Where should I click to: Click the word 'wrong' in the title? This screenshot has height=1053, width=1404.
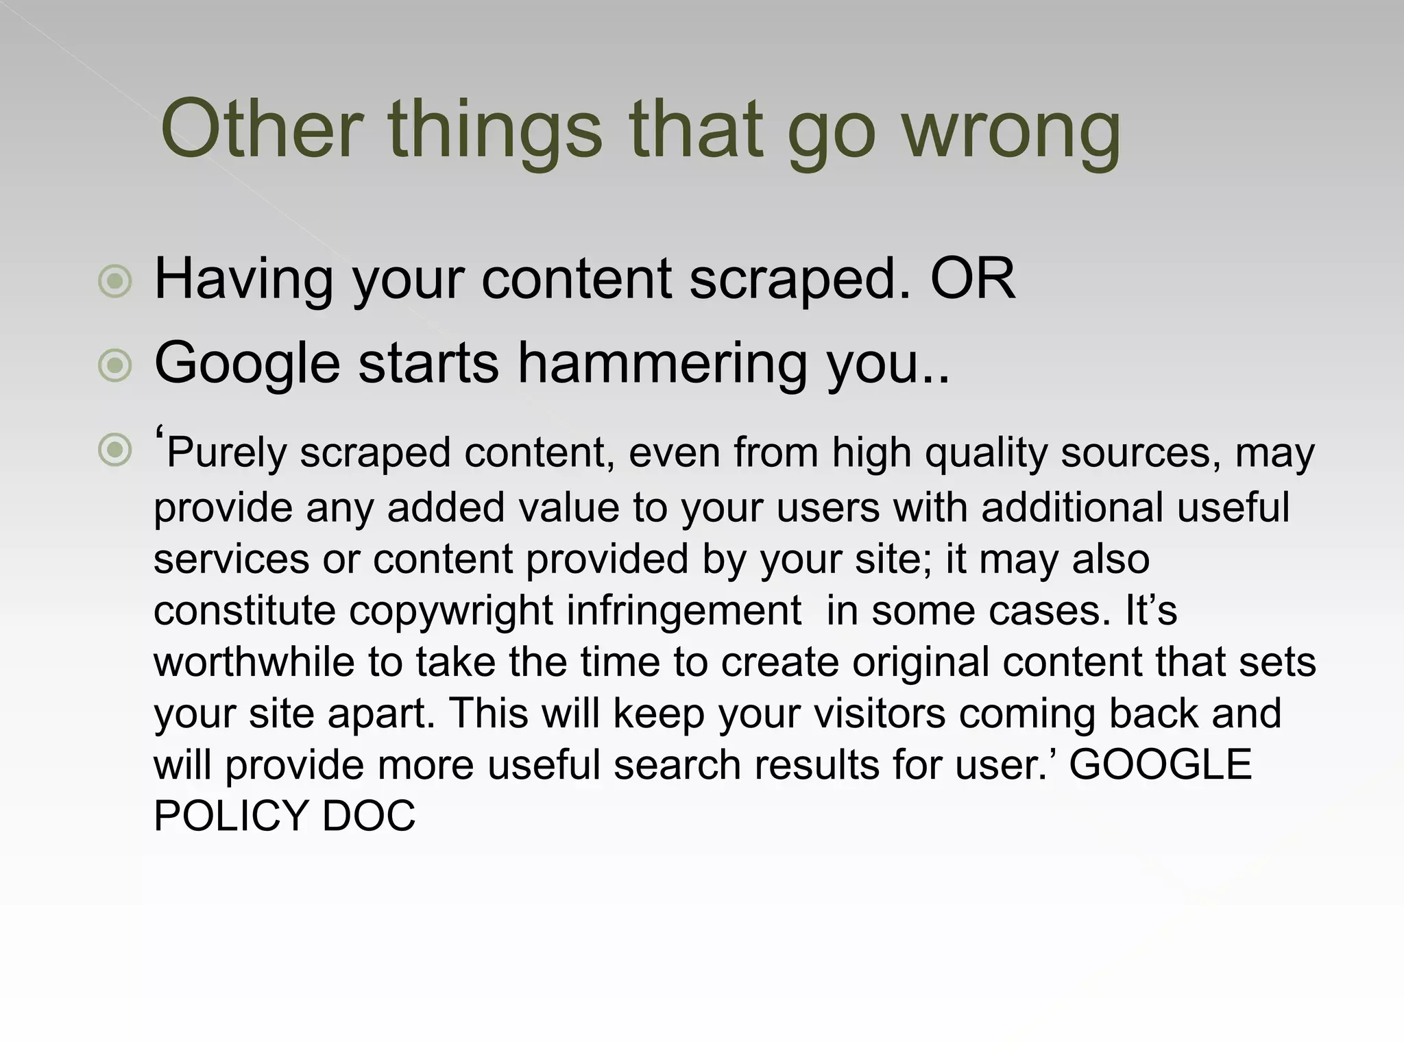click(1010, 130)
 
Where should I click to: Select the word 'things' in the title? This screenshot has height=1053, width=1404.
click(494, 130)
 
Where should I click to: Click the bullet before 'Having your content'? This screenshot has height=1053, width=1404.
click(114, 280)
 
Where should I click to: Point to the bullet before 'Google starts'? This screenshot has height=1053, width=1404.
click(114, 365)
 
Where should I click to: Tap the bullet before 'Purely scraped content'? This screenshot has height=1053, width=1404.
click(114, 450)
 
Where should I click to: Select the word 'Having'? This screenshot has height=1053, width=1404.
click(243, 280)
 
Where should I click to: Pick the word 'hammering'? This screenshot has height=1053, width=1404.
click(662, 363)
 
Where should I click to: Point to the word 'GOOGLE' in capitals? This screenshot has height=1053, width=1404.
click(1161, 765)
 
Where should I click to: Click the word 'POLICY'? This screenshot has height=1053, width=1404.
click(230, 816)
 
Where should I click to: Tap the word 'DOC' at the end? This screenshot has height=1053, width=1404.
click(369, 816)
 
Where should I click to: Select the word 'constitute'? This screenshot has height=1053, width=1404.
click(244, 611)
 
